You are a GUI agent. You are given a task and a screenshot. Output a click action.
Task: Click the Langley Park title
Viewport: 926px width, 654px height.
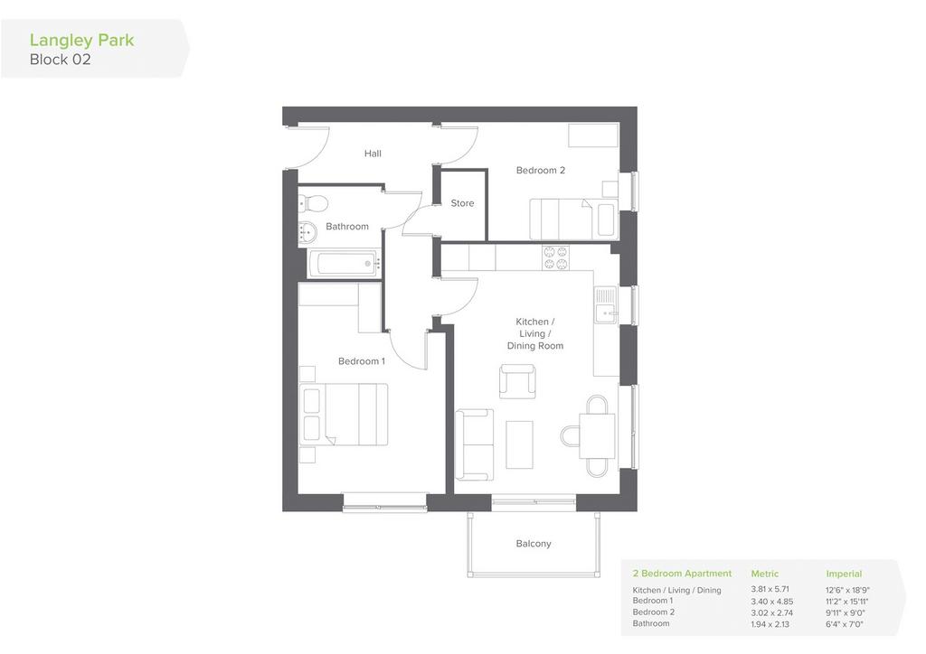pyautogui.click(x=81, y=41)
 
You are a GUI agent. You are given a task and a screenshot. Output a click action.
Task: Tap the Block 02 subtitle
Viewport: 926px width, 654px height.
pyautogui.click(x=61, y=60)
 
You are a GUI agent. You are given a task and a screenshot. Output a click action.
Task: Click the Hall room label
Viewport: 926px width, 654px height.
pyautogui.click(x=373, y=154)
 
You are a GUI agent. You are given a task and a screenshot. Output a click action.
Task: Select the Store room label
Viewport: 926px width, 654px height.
pyautogui.click(x=462, y=203)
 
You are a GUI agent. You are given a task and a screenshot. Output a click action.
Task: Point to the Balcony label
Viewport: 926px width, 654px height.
pyautogui.click(x=534, y=544)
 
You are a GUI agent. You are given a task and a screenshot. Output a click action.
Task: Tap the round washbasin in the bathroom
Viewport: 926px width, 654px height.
pyautogui.click(x=307, y=231)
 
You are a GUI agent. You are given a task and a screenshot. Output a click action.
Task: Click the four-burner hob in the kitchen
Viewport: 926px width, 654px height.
pyautogui.click(x=556, y=257)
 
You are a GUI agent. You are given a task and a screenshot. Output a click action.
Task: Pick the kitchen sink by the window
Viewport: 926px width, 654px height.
pyautogui.click(x=606, y=305)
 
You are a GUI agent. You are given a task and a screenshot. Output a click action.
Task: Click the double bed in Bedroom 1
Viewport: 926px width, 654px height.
pyautogui.click(x=344, y=415)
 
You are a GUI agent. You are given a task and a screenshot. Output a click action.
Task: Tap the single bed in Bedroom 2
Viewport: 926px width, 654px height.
pyautogui.click(x=573, y=220)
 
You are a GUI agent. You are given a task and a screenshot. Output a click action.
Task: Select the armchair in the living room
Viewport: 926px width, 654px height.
pyautogui.click(x=517, y=381)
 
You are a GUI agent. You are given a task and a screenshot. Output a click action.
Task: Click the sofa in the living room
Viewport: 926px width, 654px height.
pyautogui.click(x=474, y=444)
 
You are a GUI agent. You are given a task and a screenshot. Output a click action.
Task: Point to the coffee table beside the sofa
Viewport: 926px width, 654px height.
pyautogui.click(x=520, y=445)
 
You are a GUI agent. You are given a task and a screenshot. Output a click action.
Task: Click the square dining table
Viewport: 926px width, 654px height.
pyautogui.click(x=597, y=436)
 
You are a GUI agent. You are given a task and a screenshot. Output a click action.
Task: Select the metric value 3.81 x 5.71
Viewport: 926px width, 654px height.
pyautogui.click(x=770, y=589)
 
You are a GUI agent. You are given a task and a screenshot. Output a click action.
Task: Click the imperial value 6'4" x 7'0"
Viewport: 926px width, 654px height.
pyautogui.click(x=845, y=624)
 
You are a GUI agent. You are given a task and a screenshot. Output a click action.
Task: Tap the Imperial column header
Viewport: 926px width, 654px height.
pyautogui.click(x=844, y=574)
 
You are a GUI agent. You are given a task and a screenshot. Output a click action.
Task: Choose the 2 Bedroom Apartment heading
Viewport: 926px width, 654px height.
pyautogui.click(x=682, y=574)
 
